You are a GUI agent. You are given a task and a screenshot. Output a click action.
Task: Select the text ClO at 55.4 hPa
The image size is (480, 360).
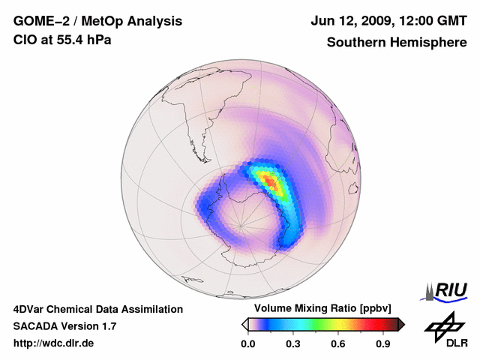click(61, 39)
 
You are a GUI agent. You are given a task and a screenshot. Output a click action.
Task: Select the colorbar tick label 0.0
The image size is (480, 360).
click(248, 344)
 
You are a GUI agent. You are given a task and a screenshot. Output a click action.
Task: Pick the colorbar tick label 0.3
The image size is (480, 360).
click(293, 344)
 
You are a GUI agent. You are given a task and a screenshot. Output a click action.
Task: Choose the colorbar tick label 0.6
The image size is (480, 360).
click(338, 344)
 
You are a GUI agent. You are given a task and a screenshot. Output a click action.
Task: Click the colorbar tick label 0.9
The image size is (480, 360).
click(383, 344)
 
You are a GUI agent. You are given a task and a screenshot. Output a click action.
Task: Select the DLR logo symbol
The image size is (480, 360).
click(442, 325)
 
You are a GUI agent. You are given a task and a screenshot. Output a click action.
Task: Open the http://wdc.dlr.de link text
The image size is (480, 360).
click(54, 343)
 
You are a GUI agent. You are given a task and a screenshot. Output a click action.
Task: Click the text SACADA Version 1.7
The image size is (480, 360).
click(64, 326)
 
